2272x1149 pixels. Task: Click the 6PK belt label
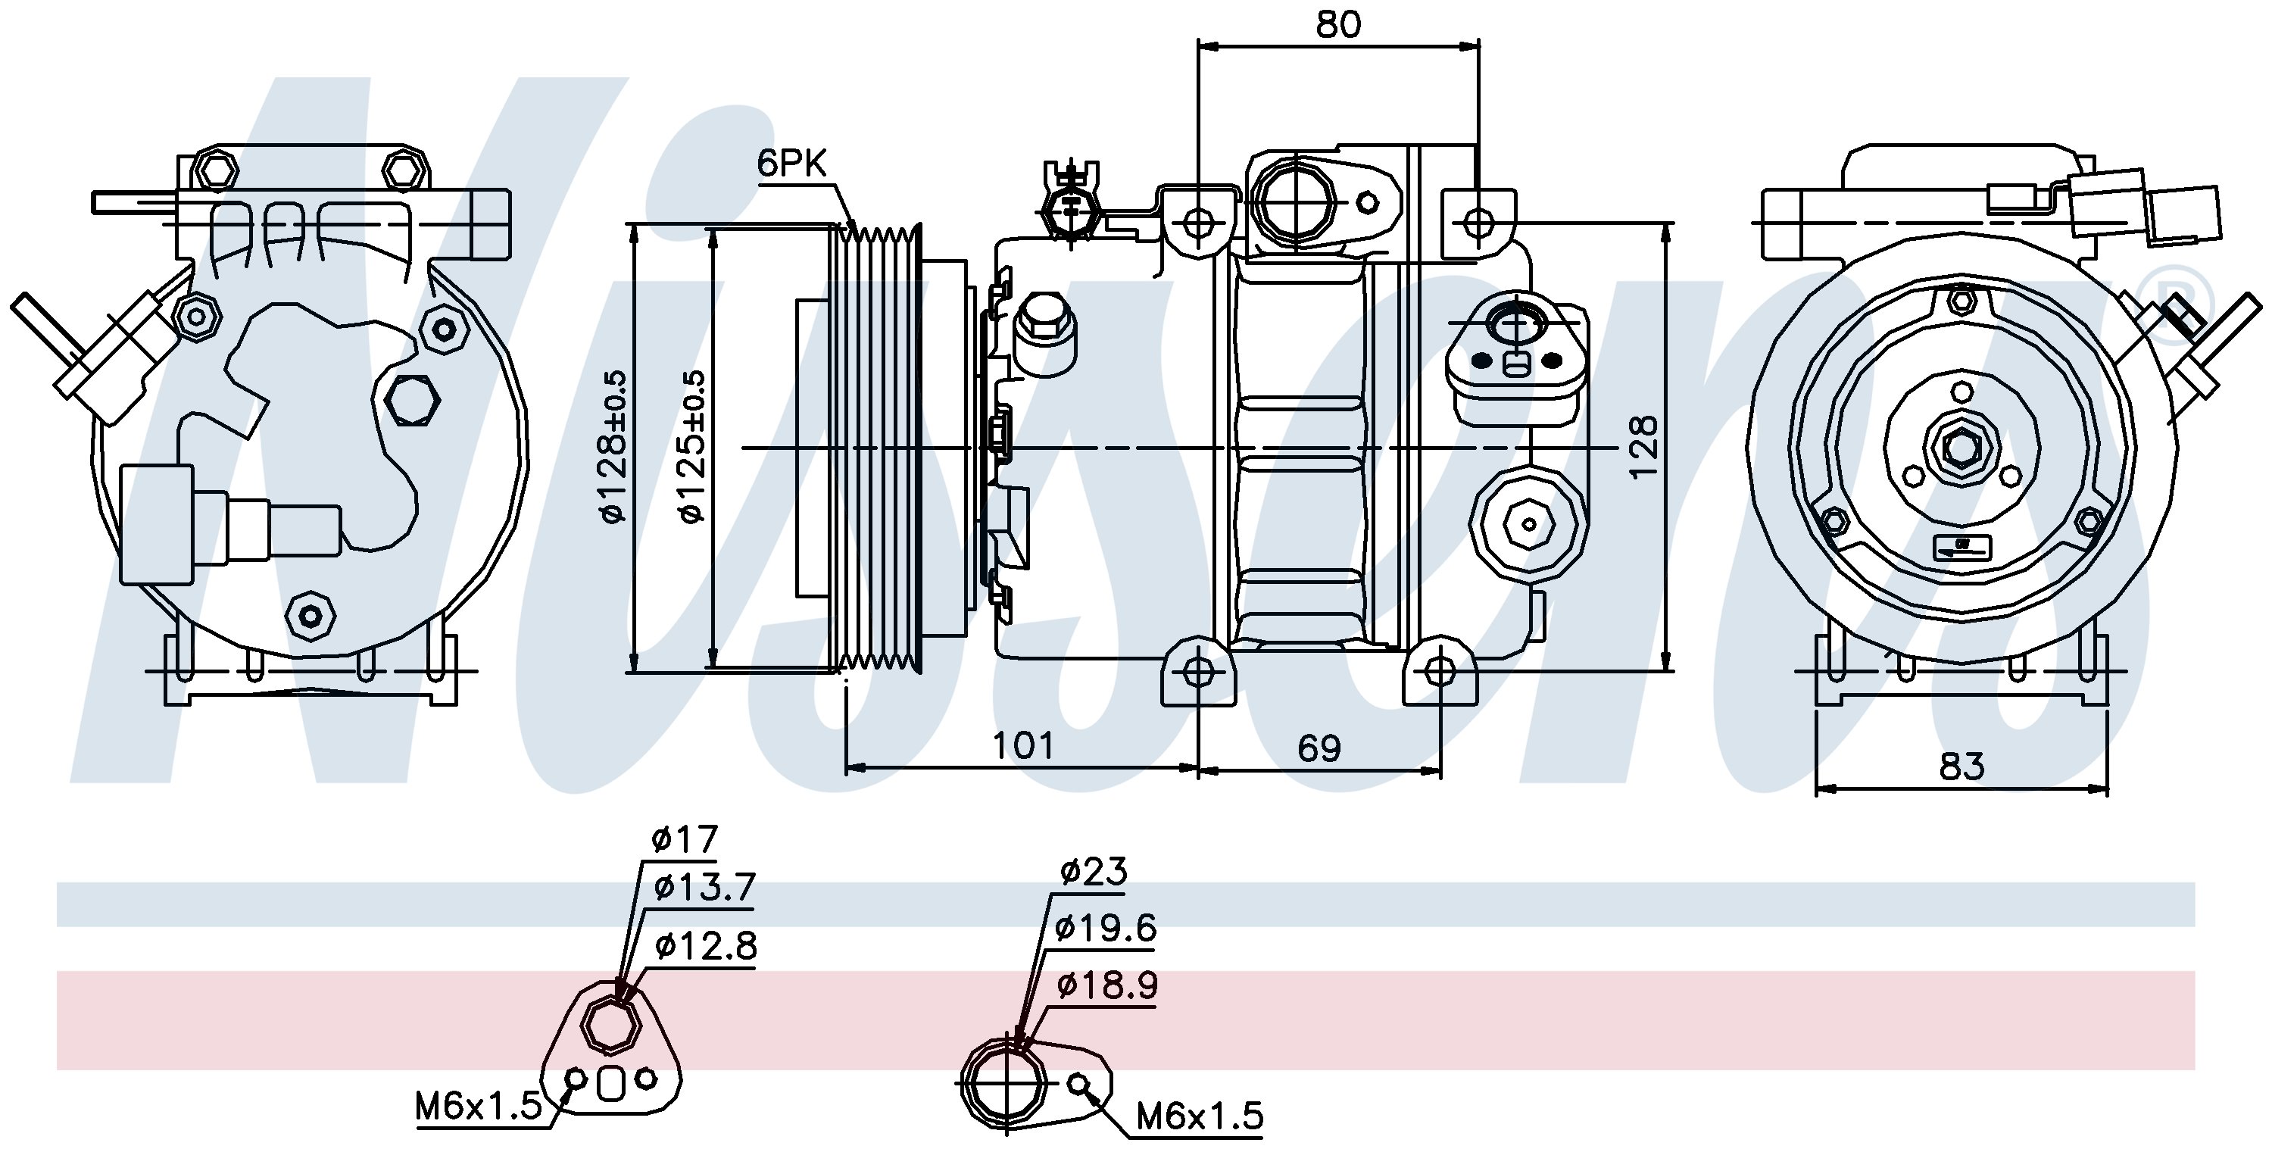coord(792,164)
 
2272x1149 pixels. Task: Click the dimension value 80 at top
coord(1338,25)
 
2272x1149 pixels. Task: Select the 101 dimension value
coord(1023,747)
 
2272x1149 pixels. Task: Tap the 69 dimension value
coord(1319,748)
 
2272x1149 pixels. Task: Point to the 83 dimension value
coord(1961,767)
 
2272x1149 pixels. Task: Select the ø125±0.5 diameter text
coord(693,446)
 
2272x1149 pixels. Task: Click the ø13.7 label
coord(704,888)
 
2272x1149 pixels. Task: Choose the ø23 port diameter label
coord(1094,872)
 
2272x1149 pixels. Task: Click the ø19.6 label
coord(1105,928)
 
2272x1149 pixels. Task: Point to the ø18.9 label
coord(1107,985)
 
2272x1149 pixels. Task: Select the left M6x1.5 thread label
coord(479,1106)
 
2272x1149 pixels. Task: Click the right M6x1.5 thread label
coord(1200,1116)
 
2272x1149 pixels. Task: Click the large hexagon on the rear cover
coord(413,401)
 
